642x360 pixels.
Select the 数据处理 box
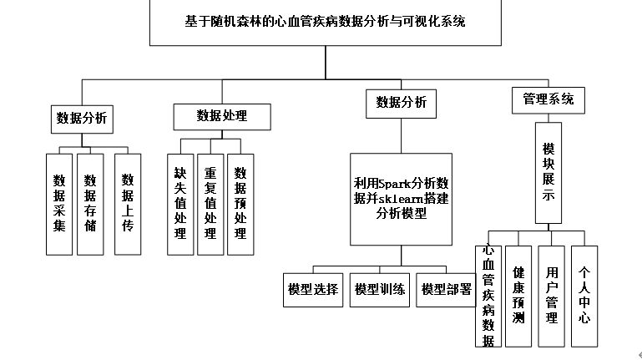click(222, 116)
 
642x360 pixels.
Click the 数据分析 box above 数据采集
click(81, 118)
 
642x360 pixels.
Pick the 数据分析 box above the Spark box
click(401, 103)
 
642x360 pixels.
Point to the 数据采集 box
click(59, 203)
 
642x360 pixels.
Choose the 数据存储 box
click(90, 203)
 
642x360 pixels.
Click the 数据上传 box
click(128, 203)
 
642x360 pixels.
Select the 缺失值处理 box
click(179, 204)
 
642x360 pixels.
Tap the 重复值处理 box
click(210, 204)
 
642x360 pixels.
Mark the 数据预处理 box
click(240, 204)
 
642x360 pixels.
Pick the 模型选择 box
click(312, 290)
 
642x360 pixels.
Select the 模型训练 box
click(380, 290)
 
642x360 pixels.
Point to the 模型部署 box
click(447, 290)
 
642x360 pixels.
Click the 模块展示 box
click(548, 173)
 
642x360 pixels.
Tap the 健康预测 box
click(518, 296)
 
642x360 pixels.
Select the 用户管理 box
click(551, 296)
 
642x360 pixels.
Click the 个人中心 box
click(584, 296)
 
